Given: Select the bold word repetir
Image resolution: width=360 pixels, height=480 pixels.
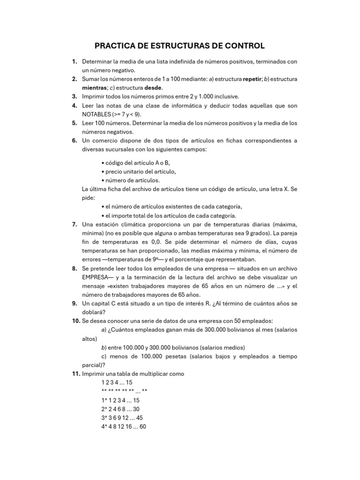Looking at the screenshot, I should (255, 79).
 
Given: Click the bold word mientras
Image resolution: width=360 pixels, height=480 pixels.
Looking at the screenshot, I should (95, 87).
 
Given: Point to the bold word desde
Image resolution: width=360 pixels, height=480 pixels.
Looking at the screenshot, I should (153, 87).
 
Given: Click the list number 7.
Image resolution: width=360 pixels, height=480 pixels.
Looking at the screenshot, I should (75, 225).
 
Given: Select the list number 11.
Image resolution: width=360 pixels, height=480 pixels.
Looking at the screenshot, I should (75, 374).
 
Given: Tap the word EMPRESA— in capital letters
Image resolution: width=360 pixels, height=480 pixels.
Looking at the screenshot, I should (97, 277).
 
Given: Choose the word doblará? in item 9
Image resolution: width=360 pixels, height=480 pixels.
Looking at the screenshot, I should (94, 312).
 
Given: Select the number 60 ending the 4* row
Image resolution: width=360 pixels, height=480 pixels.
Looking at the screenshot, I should (142, 427).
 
